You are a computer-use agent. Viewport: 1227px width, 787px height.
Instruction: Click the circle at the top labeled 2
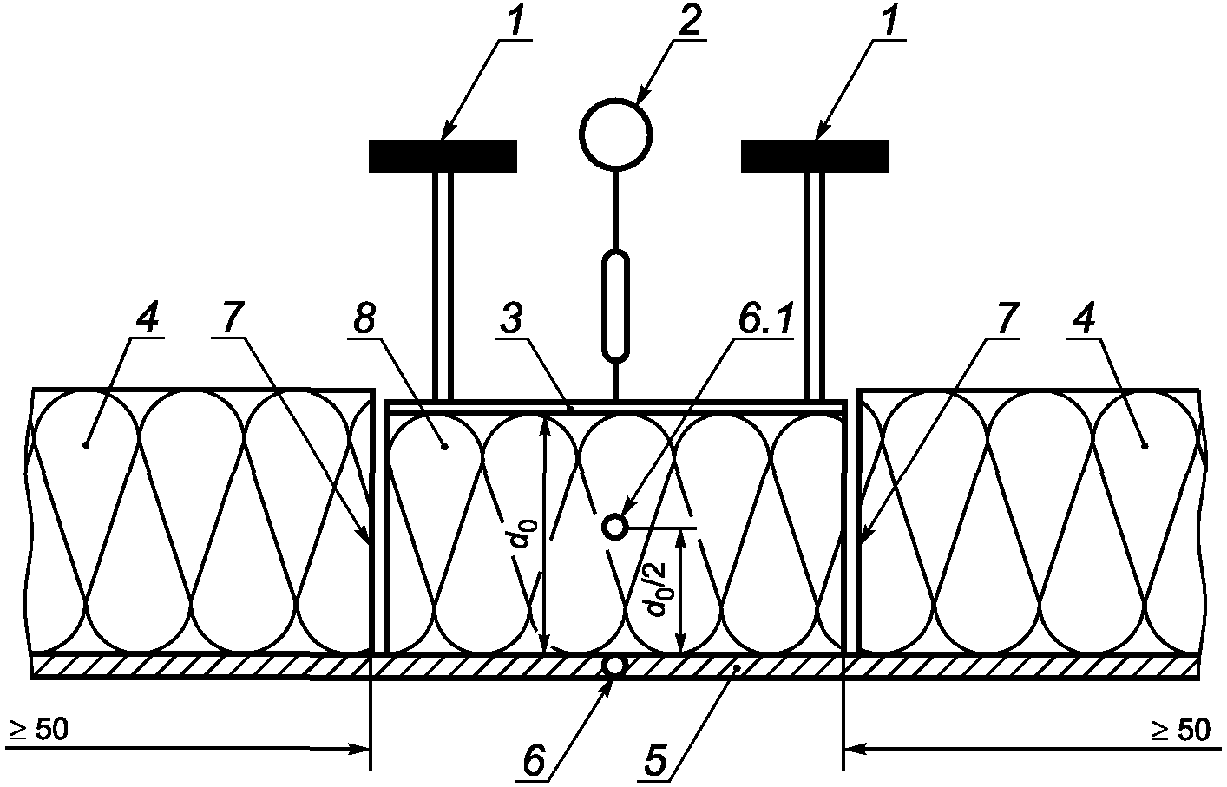(615, 135)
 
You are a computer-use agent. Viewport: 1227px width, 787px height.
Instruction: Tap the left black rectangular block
(443, 155)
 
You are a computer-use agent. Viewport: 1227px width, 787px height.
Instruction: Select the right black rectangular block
(815, 155)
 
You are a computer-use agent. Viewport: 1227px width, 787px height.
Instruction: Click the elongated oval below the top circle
(615, 305)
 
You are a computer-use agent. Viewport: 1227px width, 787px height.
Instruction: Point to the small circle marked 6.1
(614, 526)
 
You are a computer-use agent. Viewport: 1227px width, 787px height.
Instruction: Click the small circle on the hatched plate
(614, 666)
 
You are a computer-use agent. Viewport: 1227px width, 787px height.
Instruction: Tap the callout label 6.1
(764, 320)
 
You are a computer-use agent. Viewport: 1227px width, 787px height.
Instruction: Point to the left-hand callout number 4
(147, 320)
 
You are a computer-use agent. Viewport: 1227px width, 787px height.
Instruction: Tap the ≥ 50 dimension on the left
(38, 731)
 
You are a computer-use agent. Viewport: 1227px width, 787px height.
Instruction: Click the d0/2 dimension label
(657, 588)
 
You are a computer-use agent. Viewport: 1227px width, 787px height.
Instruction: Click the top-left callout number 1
(515, 21)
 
